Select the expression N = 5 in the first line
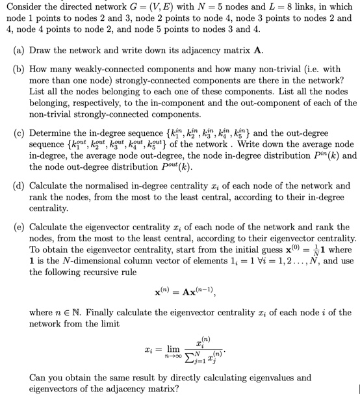pos(184,7)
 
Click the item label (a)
pos(20,49)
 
